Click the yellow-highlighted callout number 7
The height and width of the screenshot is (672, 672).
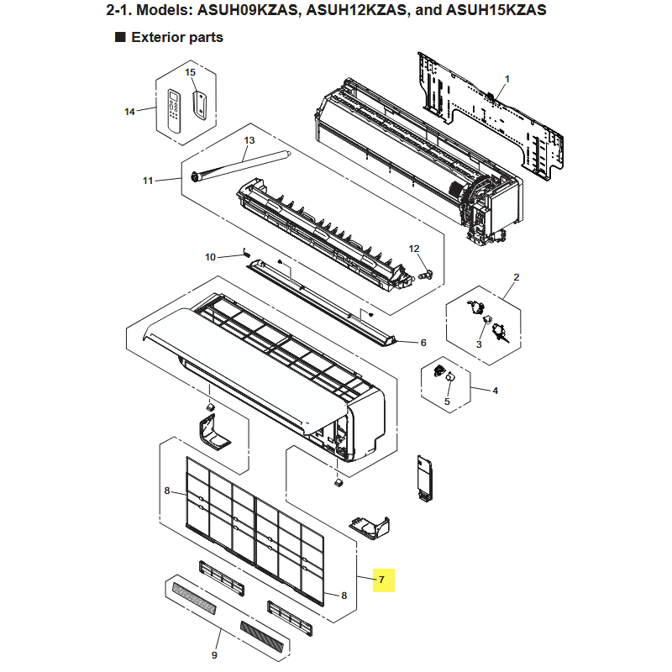point(381,580)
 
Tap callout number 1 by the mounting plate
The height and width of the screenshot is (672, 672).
point(507,79)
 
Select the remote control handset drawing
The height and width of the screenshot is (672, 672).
point(174,111)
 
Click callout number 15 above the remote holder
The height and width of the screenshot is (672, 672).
point(191,72)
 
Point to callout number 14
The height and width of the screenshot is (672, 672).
point(129,112)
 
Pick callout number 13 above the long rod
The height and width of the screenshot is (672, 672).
point(249,140)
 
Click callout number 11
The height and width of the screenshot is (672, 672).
point(148,181)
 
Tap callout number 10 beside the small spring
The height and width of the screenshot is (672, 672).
point(210,257)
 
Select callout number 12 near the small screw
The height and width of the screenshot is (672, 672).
point(414,249)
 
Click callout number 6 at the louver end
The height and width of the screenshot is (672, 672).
point(423,343)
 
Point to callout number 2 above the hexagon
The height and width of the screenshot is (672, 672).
point(517,277)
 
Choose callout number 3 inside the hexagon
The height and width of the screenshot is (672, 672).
point(479,344)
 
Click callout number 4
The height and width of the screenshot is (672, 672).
point(496,391)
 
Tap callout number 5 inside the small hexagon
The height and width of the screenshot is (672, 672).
point(447,402)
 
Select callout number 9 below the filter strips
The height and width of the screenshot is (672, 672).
point(214,655)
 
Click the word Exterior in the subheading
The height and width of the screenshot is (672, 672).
point(158,37)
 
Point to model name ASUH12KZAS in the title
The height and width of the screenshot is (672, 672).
point(356,9)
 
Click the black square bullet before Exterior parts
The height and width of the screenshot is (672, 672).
point(120,37)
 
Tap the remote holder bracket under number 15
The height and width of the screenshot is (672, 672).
point(200,105)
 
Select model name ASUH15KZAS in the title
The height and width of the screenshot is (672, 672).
point(496,9)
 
